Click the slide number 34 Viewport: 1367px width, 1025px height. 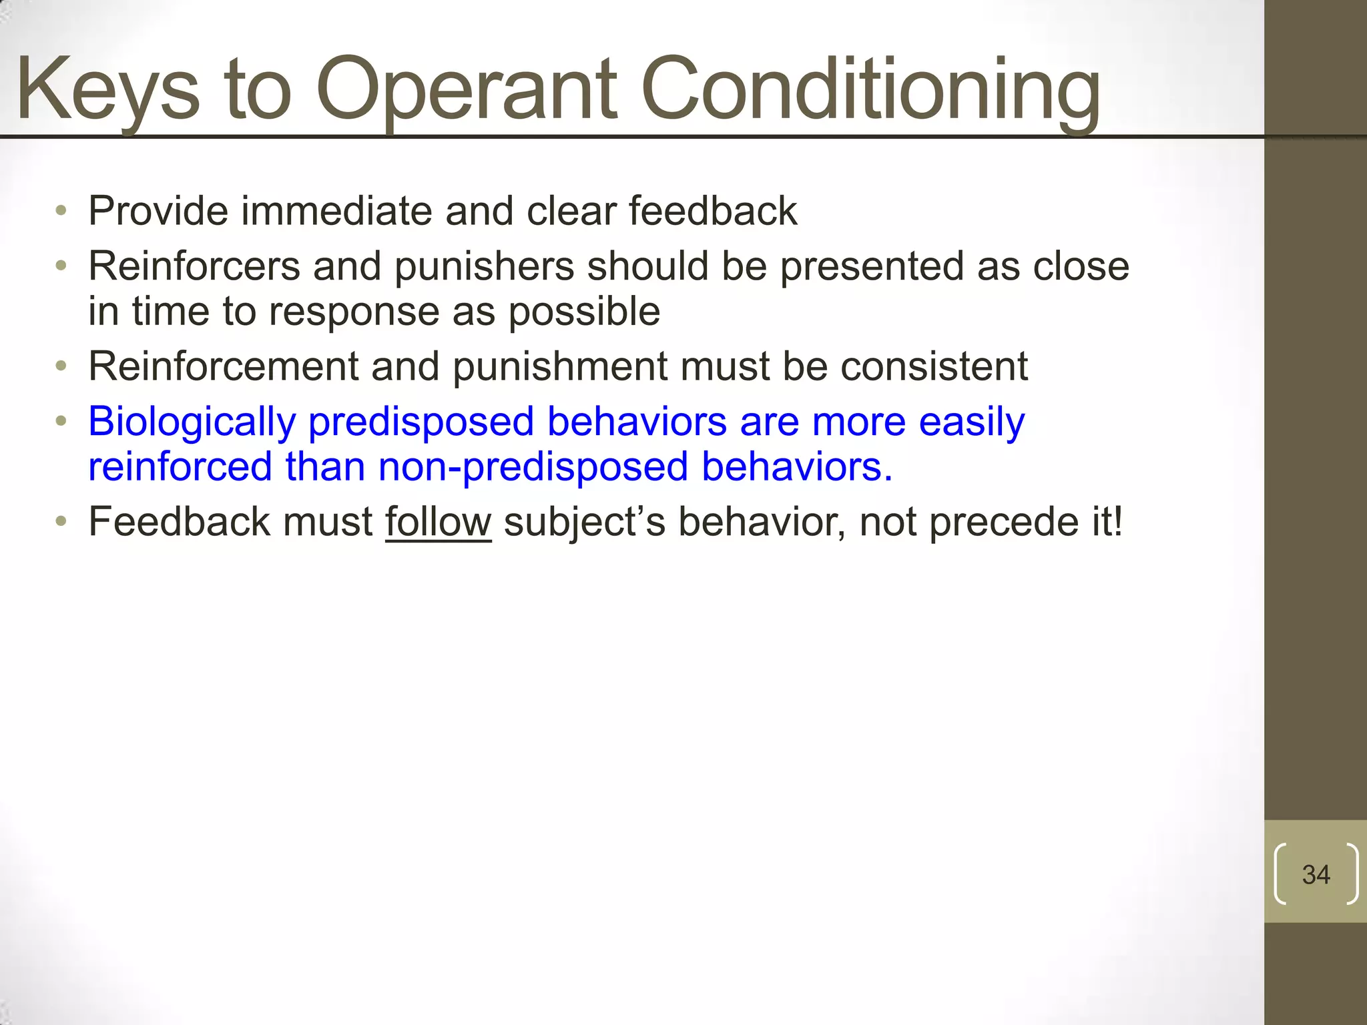1316,874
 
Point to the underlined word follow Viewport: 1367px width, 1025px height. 438,522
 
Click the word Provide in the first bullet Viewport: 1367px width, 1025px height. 158,212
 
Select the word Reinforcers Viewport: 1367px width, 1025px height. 194,266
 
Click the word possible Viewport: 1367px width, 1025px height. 584,312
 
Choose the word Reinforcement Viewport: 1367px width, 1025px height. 224,366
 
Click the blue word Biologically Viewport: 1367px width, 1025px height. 192,423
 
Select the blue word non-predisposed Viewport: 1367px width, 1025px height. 533,467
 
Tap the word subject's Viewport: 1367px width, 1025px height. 585,523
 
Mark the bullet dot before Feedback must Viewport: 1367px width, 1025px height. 61,521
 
